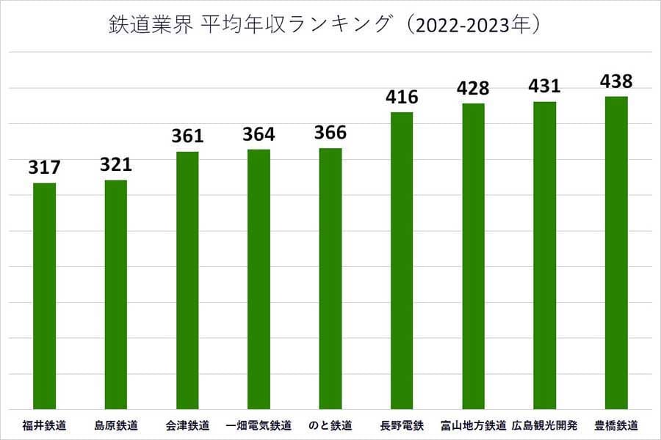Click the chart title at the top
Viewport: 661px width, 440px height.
click(330, 26)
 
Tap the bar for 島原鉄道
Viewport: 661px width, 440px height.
click(116, 294)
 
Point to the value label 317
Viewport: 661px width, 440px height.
click(45, 168)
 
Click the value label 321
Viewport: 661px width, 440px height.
click(116, 165)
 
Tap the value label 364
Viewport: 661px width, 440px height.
click(259, 134)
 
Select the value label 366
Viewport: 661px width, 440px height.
click(330, 133)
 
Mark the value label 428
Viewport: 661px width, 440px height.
click(473, 89)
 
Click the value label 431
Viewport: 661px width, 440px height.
click(544, 87)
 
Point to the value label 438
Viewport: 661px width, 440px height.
click(616, 81)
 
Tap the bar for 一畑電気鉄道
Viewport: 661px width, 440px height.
click(259, 279)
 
